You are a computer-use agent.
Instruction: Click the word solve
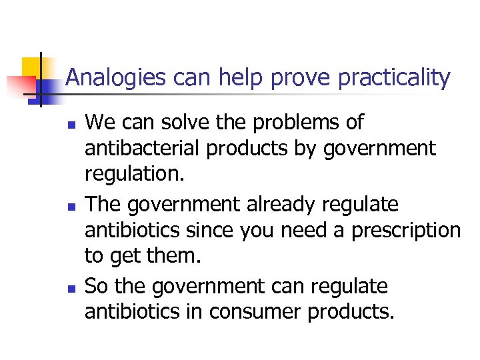(x=183, y=122)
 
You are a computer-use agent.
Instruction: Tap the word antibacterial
(x=143, y=149)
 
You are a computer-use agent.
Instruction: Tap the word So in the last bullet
(x=97, y=285)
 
